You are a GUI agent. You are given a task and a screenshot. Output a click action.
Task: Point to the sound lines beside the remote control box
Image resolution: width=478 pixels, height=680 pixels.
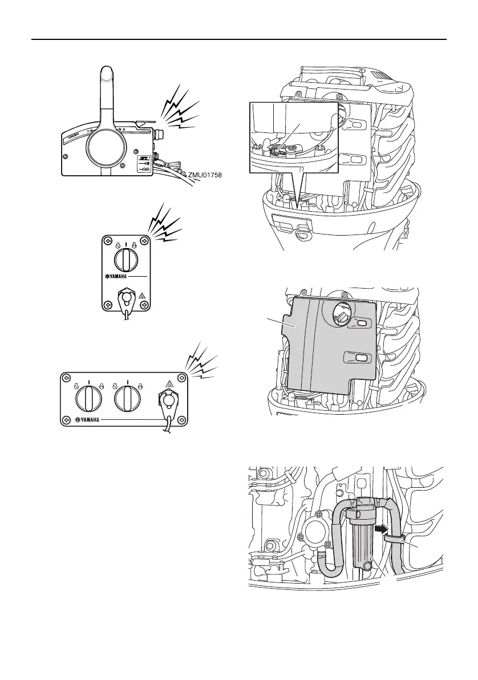click(x=181, y=108)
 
